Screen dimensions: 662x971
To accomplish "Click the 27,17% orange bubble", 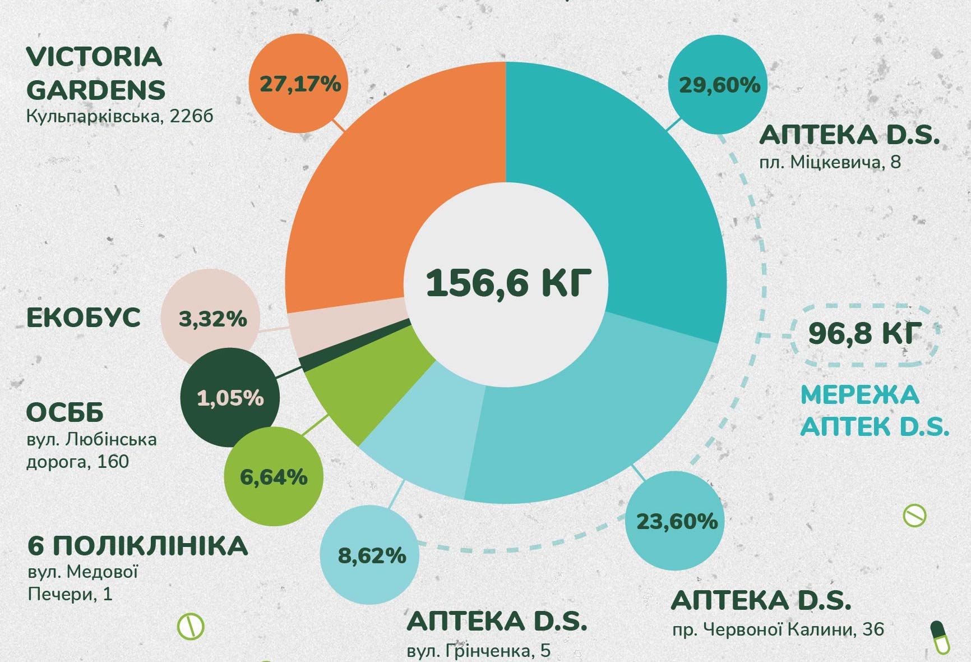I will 299,84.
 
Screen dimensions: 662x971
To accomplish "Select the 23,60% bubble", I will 676,521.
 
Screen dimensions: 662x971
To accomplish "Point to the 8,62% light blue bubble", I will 371,555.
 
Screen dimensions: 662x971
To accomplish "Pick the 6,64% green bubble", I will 274,477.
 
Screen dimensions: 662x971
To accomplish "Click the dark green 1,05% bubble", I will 230,398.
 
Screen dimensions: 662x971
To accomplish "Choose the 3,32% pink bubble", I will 211,319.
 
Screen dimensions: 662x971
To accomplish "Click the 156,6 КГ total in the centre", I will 508,282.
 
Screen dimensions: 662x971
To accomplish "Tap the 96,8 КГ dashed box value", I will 864,333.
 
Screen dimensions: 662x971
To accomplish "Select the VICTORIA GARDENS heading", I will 96,73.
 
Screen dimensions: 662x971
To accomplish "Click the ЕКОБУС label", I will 84,318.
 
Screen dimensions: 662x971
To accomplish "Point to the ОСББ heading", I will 65,413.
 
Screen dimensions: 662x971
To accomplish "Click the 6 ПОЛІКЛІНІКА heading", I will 137,546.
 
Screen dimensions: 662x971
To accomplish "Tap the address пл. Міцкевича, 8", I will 830,163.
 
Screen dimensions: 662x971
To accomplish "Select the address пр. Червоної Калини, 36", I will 778,629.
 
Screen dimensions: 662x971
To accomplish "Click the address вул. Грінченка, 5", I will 478,651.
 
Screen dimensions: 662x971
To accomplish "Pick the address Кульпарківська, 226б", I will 119,117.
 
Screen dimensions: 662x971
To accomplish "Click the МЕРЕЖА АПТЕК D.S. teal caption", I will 874,411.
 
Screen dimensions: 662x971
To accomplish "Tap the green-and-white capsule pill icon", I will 940,637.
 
